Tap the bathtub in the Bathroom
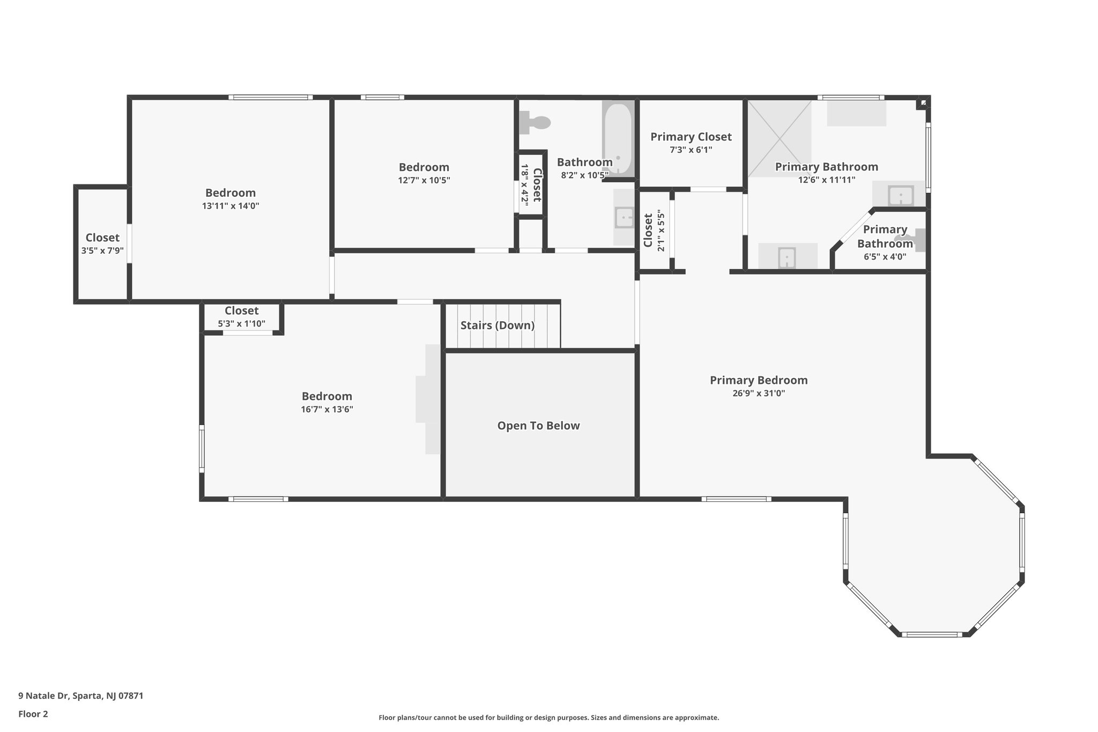click(x=618, y=139)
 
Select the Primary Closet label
click(x=691, y=137)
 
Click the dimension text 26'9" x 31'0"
click(x=759, y=393)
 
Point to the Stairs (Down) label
click(x=498, y=326)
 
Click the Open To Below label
click(x=538, y=426)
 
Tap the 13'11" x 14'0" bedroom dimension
click(x=231, y=205)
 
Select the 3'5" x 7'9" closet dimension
click(x=102, y=250)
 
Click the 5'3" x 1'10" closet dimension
click(x=242, y=323)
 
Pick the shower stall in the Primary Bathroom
click(x=780, y=139)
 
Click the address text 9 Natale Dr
click(x=43, y=696)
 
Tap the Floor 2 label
click(x=33, y=714)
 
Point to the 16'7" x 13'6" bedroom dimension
click(x=327, y=409)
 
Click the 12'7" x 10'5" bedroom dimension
click(x=424, y=180)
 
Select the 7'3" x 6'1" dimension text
click(x=691, y=150)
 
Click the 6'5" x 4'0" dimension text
click(x=885, y=256)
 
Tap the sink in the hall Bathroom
click(x=624, y=218)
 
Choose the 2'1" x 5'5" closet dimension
click(x=661, y=232)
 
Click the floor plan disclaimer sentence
click(x=549, y=718)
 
